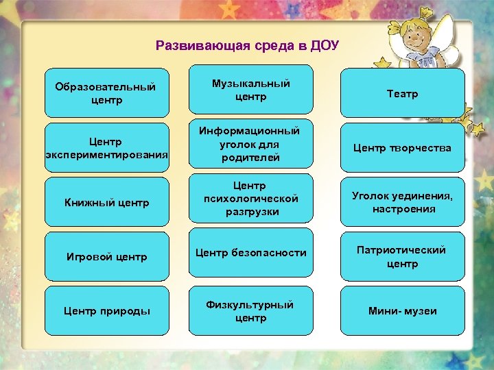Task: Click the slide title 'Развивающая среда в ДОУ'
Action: click(x=247, y=46)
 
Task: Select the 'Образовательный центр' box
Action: click(x=106, y=93)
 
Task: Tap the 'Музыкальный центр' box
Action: click(x=251, y=90)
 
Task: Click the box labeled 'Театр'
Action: click(x=402, y=93)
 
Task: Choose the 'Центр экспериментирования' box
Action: click(x=106, y=147)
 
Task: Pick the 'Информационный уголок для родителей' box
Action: click(x=251, y=144)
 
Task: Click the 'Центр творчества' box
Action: click(x=402, y=147)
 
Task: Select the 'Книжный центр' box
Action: click(x=106, y=202)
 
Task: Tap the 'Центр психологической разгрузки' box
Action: click(x=251, y=199)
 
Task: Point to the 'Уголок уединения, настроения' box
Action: click(x=402, y=202)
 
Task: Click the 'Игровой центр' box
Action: click(x=106, y=257)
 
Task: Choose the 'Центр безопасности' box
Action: click(x=251, y=253)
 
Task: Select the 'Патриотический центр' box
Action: click(x=402, y=256)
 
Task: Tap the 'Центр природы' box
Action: click(x=106, y=311)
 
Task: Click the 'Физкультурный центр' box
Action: click(x=251, y=311)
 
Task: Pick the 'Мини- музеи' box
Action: click(x=402, y=311)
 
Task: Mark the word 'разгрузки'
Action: click(x=251, y=212)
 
